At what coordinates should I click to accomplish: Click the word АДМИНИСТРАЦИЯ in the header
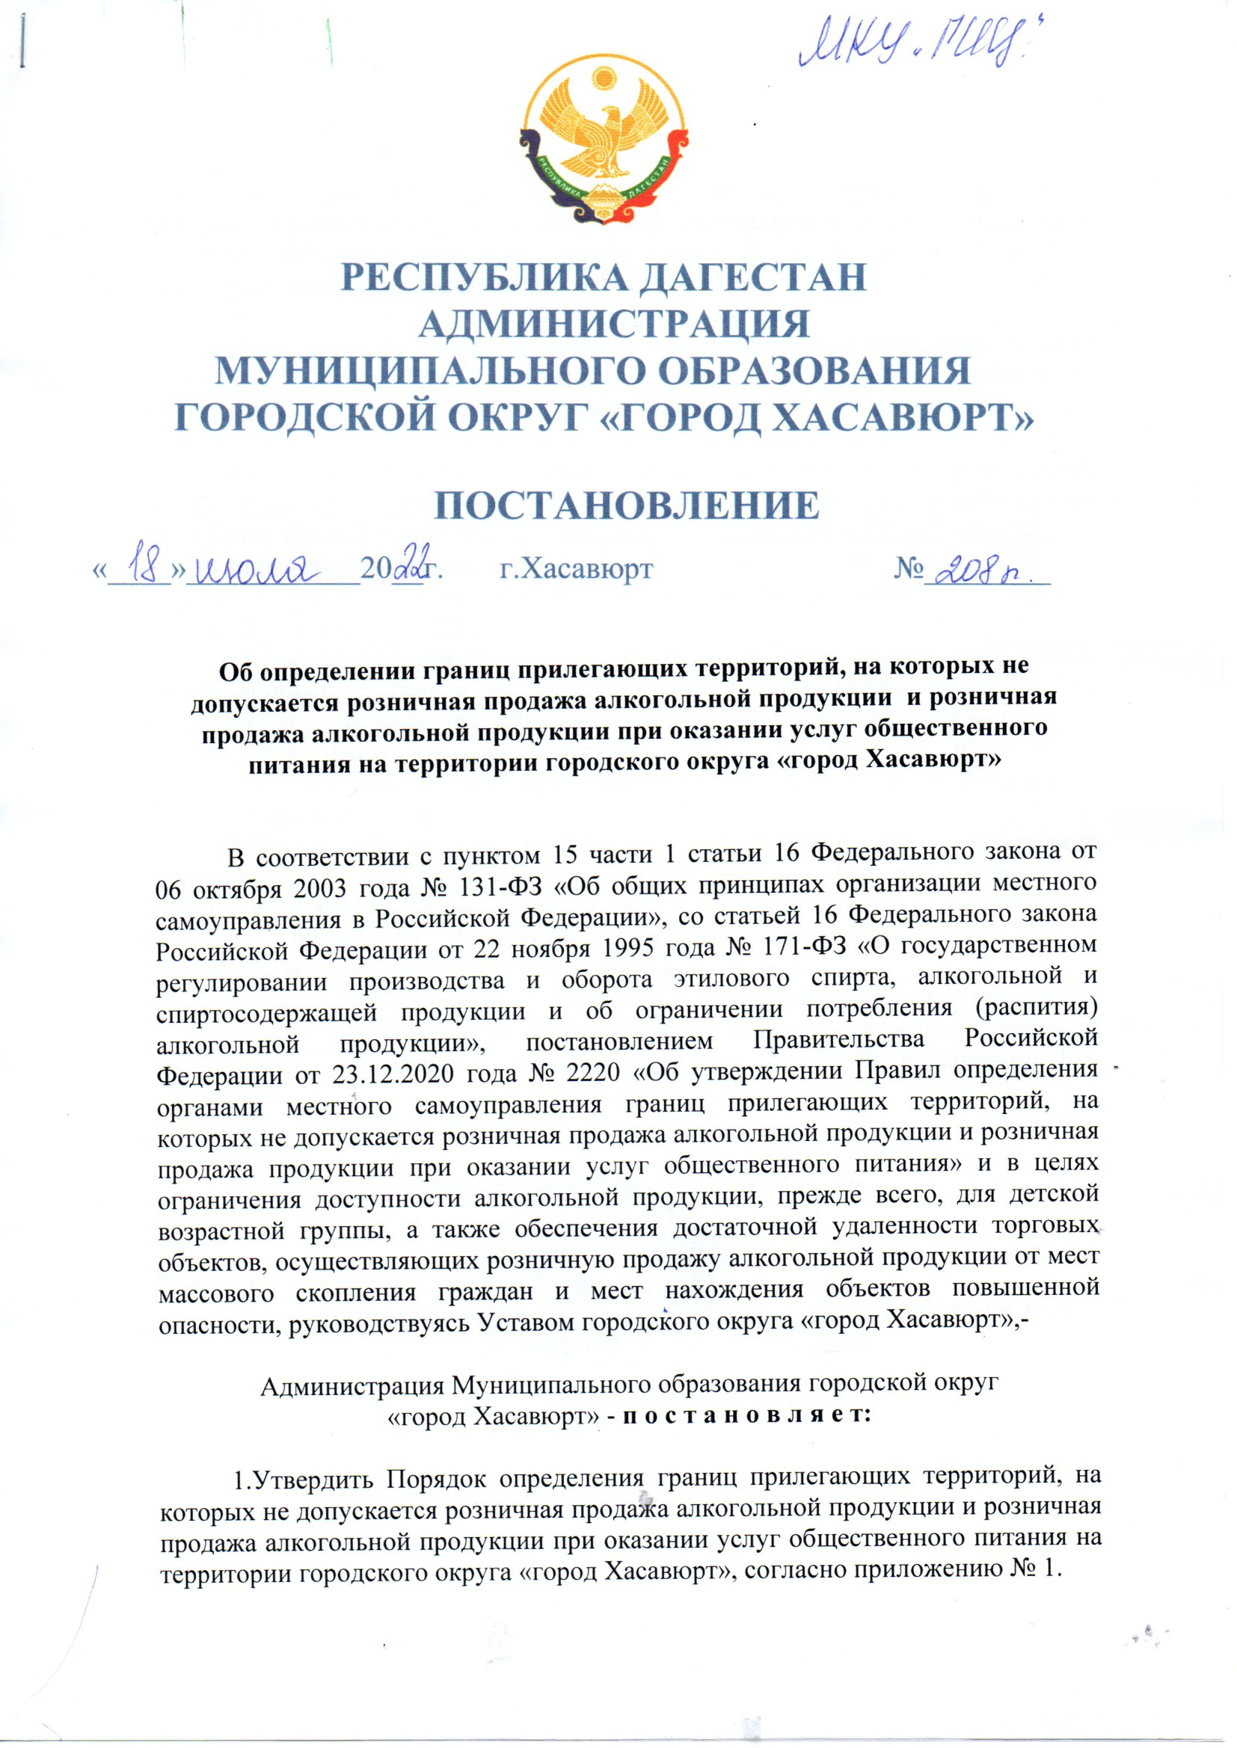point(616,324)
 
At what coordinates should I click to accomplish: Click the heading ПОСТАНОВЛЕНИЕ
point(626,505)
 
